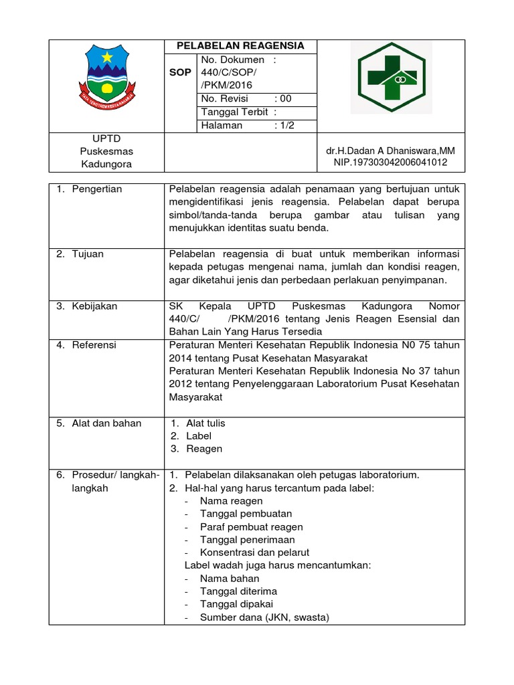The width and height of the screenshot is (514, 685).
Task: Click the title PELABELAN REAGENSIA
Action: [240, 46]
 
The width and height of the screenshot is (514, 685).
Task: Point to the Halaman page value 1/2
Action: [284, 125]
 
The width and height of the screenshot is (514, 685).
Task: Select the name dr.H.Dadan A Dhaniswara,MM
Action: [390, 151]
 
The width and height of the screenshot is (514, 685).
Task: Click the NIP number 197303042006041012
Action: [390, 163]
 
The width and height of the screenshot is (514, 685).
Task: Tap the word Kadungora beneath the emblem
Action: [106, 164]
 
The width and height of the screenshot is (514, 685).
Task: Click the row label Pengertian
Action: [97, 189]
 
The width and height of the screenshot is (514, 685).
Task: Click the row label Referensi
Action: [94, 345]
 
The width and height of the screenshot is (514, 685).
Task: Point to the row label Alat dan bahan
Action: [106, 423]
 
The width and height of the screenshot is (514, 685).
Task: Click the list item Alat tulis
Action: [205, 423]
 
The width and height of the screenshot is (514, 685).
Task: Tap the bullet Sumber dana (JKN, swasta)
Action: [264, 617]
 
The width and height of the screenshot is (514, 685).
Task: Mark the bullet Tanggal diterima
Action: [238, 591]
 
